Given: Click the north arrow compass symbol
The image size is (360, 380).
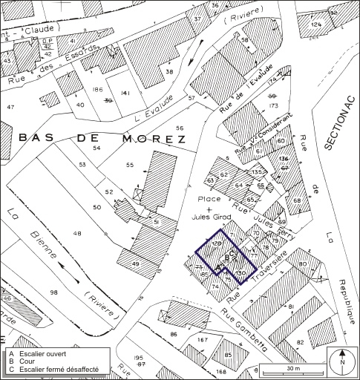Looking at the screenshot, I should tap(342, 361).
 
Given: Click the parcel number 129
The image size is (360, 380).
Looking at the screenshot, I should tap(217, 243).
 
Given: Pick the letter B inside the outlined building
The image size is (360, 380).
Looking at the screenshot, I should tap(227, 257).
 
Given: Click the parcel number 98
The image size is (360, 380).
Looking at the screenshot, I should tap(53, 292).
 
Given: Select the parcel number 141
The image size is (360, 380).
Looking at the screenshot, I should tap(125, 94).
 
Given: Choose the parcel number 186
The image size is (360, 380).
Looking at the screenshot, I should tap(96, 90).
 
